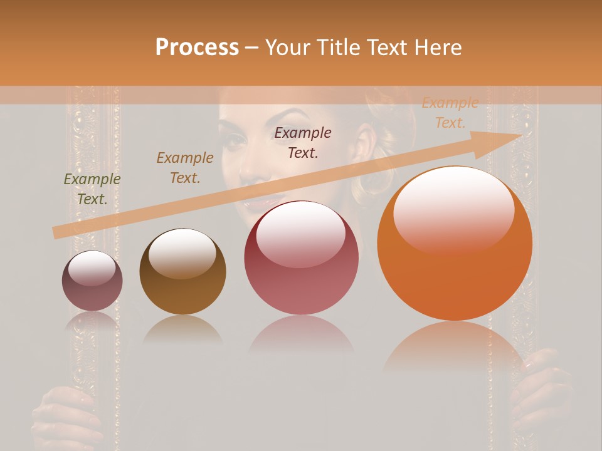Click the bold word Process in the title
coord(197,48)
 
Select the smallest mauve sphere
coord(92,281)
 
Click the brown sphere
coord(182,271)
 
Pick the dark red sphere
coord(301,257)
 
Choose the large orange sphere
coord(455,244)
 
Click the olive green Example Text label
coord(92,189)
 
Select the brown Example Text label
coord(185,168)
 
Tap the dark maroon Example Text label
coord(303,142)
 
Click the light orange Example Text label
coord(450,113)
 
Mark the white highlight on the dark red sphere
coord(300,232)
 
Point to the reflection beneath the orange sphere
coord(455,345)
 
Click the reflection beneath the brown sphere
coord(182,329)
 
